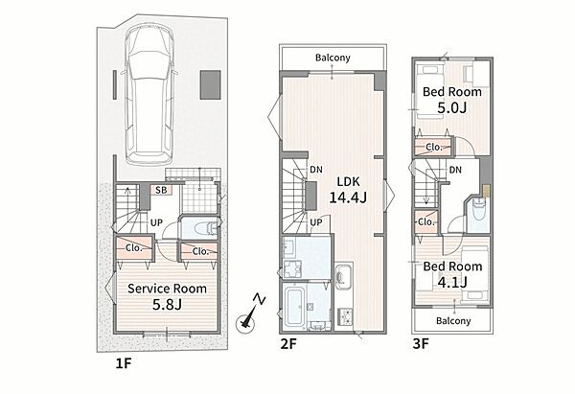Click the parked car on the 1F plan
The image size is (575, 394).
click(x=149, y=95)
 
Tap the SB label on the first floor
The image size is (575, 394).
click(x=161, y=190)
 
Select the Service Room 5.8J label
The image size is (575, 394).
click(x=167, y=296)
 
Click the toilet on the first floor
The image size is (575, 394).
click(x=206, y=228)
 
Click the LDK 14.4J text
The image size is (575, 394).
click(x=348, y=190)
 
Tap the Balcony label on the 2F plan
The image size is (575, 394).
click(x=333, y=58)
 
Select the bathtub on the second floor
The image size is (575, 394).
click(x=295, y=307)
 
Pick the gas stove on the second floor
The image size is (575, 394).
click(x=345, y=316)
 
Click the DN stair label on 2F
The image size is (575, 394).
click(x=316, y=170)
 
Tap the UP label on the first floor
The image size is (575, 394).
click(x=156, y=222)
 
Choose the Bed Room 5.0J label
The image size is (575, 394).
click(x=452, y=100)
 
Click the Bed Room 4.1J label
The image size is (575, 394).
click(x=452, y=274)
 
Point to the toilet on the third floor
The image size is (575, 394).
click(x=478, y=210)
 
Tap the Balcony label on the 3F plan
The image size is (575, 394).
click(x=453, y=320)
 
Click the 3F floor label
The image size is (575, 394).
click(x=421, y=344)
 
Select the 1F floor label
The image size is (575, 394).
click(x=124, y=363)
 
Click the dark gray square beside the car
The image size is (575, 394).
click(x=210, y=84)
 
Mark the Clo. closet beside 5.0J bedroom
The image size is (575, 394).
click(x=434, y=147)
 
